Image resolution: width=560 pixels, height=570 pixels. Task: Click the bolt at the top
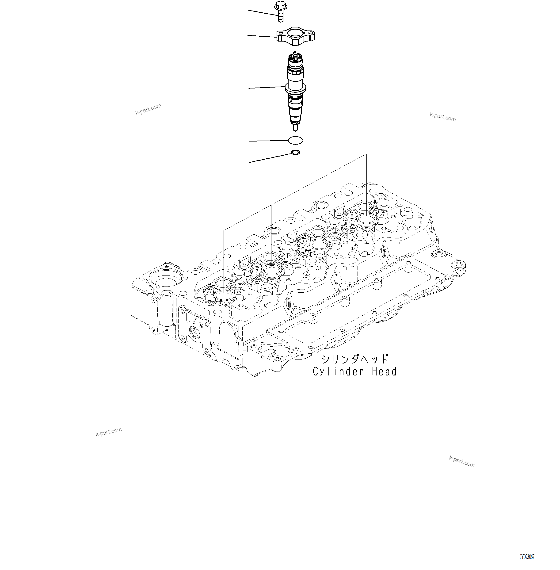pos(281,11)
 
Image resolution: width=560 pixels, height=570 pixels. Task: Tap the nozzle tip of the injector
pos(295,128)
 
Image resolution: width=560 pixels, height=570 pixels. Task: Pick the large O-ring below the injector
pos(295,141)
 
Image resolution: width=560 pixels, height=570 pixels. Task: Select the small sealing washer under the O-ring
pos(295,152)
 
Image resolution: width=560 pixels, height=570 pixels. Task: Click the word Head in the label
pos(384,372)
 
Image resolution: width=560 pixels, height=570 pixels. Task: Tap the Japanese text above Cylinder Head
pos(355,359)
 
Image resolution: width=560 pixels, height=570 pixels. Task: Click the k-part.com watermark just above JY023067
pos(461,462)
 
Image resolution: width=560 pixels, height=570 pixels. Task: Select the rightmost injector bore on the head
pos(366,218)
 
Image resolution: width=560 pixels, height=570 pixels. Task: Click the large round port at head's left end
pos(166,278)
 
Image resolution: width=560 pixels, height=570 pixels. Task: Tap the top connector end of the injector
pos(295,57)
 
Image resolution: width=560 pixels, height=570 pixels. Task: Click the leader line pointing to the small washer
pos(269,158)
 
